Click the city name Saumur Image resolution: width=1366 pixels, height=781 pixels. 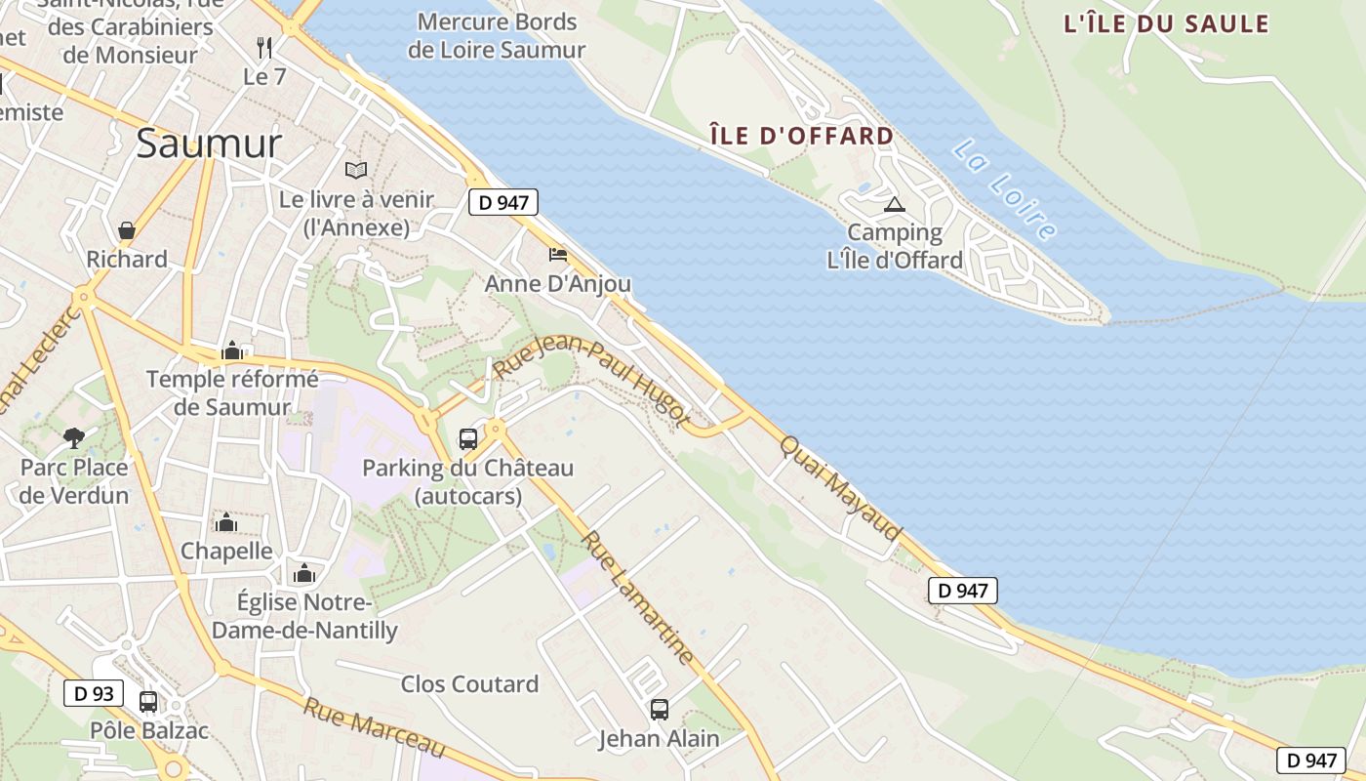tap(209, 144)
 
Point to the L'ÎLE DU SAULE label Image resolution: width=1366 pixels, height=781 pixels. tap(1166, 24)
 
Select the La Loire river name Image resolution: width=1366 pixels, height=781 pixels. tap(1004, 189)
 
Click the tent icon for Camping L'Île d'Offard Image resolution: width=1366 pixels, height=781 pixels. tap(894, 205)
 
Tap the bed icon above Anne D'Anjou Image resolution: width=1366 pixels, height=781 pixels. tap(558, 255)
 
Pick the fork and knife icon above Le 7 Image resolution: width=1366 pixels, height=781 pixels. tap(263, 47)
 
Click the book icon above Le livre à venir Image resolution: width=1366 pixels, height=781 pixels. tap(356, 170)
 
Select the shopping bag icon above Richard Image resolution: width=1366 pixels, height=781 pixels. tap(127, 230)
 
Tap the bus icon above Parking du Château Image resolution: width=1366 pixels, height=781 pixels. tap(468, 438)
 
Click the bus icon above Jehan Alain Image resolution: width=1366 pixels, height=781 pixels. tap(660, 710)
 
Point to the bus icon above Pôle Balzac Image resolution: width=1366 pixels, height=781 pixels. tap(148, 701)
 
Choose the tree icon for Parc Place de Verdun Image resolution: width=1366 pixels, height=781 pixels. tap(73, 437)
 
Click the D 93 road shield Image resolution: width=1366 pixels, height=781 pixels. tap(95, 693)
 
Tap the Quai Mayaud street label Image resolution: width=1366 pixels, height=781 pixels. tap(839, 487)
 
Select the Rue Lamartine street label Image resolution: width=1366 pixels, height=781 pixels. tap(638, 596)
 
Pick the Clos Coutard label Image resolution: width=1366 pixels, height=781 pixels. tap(469, 684)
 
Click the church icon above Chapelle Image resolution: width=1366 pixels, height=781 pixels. tap(226, 522)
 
